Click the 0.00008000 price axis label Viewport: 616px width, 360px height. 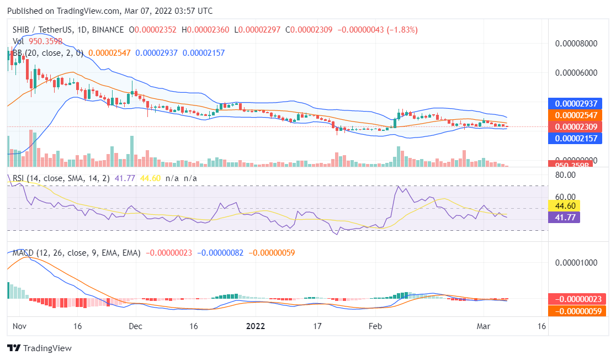576,43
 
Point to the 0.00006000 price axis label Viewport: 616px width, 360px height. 576,72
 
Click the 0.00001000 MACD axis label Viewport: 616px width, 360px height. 576,262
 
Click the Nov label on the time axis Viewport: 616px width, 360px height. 20,326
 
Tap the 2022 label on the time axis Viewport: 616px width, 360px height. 255,326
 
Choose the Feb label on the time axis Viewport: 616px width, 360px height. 375,326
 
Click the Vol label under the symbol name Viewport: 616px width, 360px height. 18,41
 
